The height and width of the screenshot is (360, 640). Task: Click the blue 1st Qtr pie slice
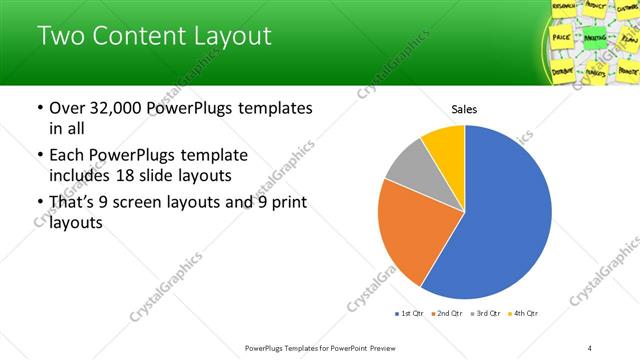(505, 220)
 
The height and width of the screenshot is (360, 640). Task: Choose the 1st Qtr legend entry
(411, 314)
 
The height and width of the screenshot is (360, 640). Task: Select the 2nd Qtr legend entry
(448, 314)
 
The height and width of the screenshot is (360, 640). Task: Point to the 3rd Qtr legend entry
(486, 314)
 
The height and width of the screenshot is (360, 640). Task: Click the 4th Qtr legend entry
(523, 314)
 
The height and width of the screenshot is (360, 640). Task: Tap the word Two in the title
(61, 37)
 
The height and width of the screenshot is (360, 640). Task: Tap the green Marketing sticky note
(566, 38)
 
